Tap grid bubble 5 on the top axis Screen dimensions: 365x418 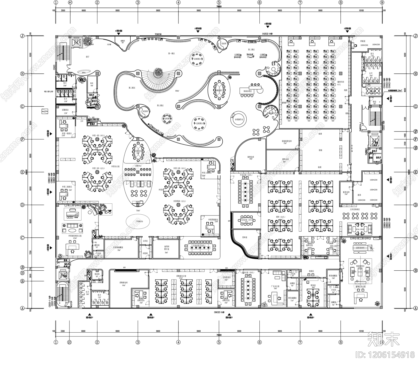tap(219, 3)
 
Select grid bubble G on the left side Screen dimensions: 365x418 tap(22, 106)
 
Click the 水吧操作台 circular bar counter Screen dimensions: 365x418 tap(239, 119)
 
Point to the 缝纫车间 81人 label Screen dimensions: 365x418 tap(340, 83)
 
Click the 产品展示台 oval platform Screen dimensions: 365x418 tap(138, 221)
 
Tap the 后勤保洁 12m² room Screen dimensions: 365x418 tap(65, 111)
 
